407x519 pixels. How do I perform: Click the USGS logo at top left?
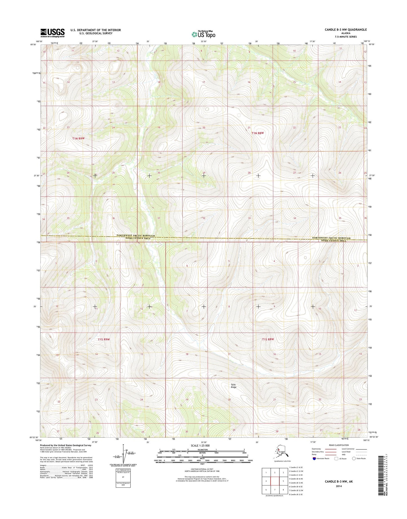tap(52, 33)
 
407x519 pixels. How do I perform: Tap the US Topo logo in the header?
tap(203, 34)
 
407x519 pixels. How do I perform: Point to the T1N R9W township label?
tap(78, 138)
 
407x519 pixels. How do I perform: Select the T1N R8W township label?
tap(257, 133)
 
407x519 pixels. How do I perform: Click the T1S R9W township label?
tap(104, 340)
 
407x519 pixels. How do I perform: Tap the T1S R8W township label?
tap(268, 339)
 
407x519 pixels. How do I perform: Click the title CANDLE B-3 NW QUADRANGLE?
tap(346, 30)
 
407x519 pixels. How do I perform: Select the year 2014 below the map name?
tap(339, 486)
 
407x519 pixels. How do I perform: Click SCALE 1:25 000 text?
tap(202, 445)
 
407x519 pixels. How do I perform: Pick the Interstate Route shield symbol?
tap(314, 458)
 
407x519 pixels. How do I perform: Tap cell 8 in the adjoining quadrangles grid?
tap(283, 490)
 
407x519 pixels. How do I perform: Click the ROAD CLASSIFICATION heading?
tap(339, 445)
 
